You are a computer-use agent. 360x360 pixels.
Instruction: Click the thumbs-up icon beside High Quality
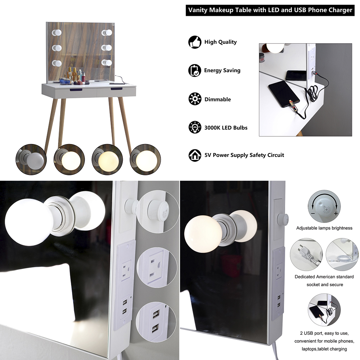click(x=195, y=42)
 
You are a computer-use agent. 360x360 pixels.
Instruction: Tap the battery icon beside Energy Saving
click(x=195, y=71)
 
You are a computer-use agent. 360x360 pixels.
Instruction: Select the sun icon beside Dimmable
click(x=195, y=99)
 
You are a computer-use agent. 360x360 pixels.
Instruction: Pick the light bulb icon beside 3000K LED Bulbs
click(x=195, y=127)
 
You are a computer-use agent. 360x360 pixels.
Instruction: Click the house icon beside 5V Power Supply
click(x=195, y=155)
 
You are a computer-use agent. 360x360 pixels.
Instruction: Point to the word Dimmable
click(x=218, y=99)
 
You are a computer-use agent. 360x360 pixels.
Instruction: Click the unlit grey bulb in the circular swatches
click(x=31, y=159)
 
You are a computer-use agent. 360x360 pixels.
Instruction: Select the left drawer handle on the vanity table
click(x=76, y=89)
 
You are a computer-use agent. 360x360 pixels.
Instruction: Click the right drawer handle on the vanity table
click(x=117, y=89)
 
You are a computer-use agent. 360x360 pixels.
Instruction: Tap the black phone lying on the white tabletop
click(x=284, y=94)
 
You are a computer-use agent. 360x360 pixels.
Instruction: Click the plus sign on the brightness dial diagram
click(x=336, y=213)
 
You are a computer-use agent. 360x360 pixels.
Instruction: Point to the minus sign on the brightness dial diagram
click(x=313, y=213)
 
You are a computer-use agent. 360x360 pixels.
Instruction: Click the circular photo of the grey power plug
click(x=306, y=255)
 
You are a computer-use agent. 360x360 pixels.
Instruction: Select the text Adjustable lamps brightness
click(x=324, y=228)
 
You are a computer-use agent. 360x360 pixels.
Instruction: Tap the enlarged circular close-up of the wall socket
click(x=157, y=267)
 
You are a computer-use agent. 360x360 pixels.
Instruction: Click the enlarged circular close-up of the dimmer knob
click(x=158, y=212)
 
